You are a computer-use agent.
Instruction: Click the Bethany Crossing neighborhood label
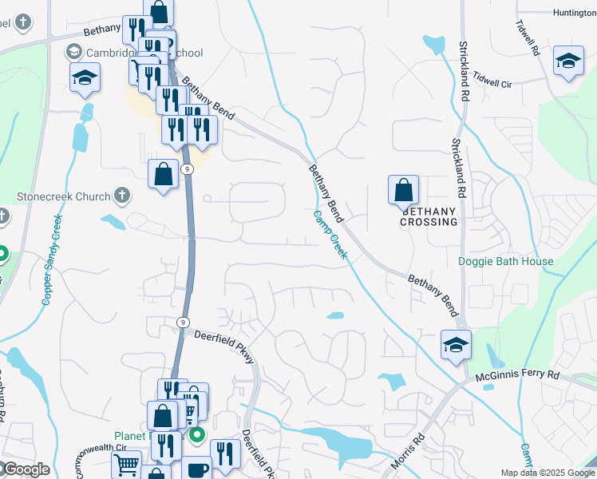(x=429, y=216)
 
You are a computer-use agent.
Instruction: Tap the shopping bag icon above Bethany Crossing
(x=403, y=190)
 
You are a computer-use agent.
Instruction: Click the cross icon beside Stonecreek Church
(x=121, y=195)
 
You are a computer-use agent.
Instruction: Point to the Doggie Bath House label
(x=506, y=262)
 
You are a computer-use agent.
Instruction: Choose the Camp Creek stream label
(x=330, y=234)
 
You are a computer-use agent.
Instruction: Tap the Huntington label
(x=573, y=13)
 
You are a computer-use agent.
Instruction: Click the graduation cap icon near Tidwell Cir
(x=567, y=61)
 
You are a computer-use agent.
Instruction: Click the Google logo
(x=26, y=469)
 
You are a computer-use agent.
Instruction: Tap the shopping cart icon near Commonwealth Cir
(x=127, y=464)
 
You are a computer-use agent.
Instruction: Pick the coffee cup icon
(x=196, y=469)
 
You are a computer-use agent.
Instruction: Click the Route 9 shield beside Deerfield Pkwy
(x=183, y=321)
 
